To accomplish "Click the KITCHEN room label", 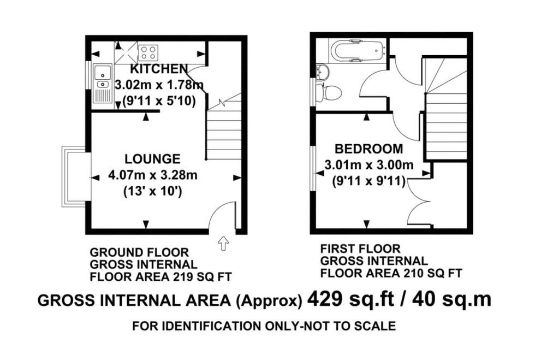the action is point(159,68).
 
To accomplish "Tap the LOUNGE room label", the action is point(152,159).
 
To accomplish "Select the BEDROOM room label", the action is point(369,149).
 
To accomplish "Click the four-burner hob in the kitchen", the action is point(148,52).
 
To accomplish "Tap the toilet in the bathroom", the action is point(329,93).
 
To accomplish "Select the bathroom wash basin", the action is point(323,72).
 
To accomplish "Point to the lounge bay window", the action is point(74,176).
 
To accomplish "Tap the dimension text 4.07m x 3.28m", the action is point(153,175).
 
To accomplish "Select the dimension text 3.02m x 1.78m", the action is point(159,85).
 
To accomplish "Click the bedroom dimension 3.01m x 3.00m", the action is point(369,165).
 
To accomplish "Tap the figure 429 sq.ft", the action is point(350,299).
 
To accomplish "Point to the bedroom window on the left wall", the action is point(313,168).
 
